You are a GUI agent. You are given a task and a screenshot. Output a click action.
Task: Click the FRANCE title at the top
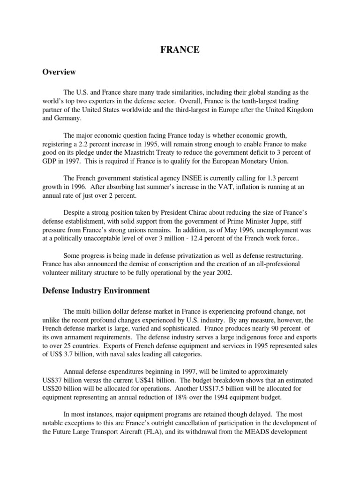[180, 51]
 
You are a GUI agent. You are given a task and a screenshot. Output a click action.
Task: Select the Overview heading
[59, 72]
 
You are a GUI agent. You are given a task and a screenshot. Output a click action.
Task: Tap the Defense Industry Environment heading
[96, 291]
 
